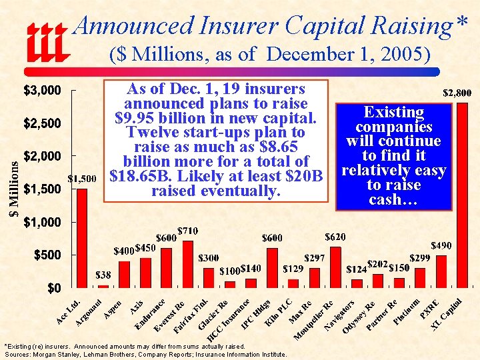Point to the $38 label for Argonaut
103,274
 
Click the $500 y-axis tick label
49,255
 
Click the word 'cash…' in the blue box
393,199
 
